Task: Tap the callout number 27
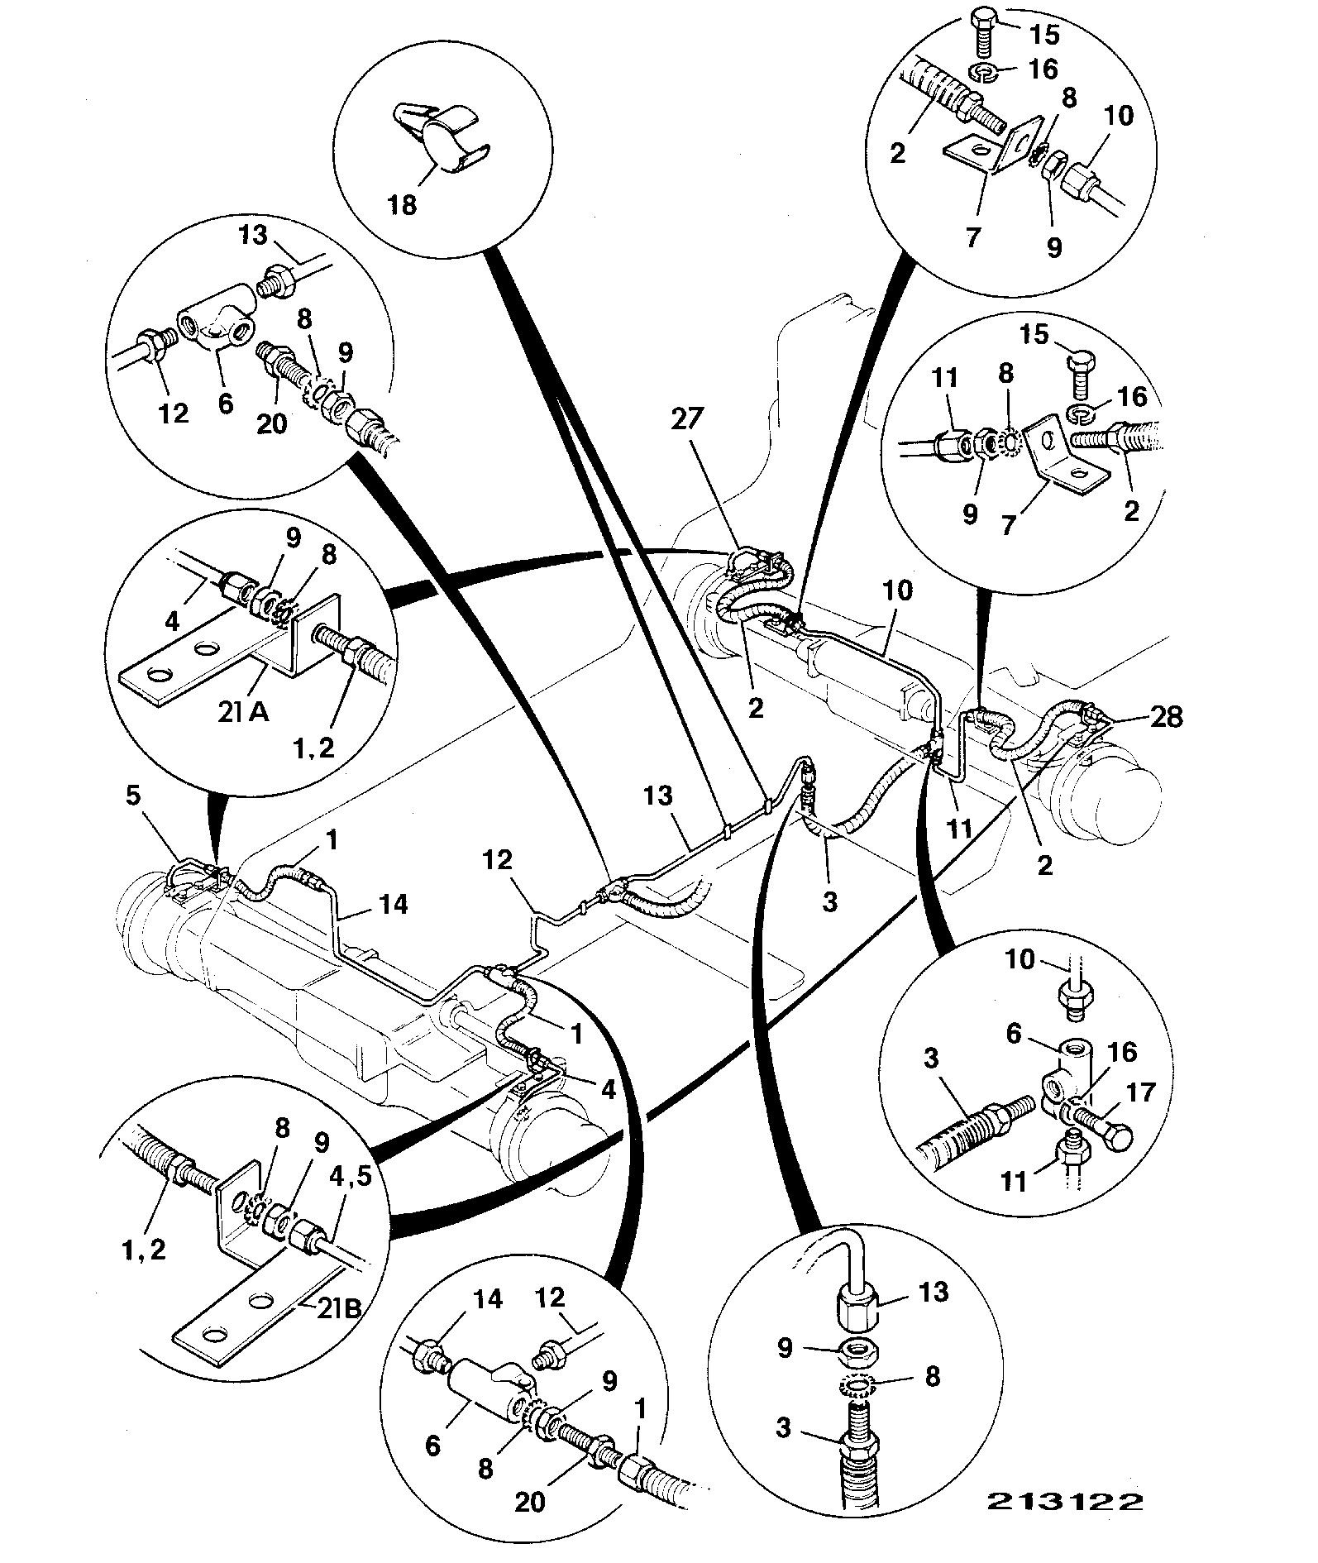686,420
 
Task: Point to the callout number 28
1166,716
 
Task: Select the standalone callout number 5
133,796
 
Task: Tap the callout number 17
1140,1092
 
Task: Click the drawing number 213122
1062,1501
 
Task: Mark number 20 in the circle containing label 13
272,423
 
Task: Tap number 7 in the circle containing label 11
1008,524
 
